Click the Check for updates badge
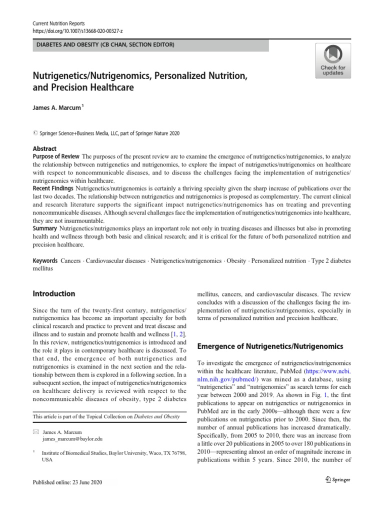pos(332,60)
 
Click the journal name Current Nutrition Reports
pos(58,23)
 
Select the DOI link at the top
pos(77,31)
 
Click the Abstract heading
pos(44,149)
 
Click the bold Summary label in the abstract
pos(45,228)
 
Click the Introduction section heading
pos(54,293)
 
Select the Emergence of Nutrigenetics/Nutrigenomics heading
pos(270,346)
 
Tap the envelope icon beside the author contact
pos(34,431)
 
